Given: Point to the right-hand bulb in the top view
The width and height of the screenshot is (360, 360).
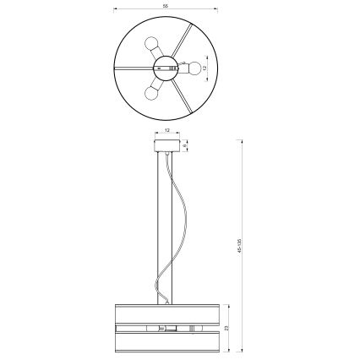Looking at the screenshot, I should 194,68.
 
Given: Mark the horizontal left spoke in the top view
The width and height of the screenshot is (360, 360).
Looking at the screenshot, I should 132,68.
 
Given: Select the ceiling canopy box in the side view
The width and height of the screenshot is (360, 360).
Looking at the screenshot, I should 166,145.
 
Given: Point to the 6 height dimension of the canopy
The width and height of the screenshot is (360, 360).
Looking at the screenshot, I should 186,145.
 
